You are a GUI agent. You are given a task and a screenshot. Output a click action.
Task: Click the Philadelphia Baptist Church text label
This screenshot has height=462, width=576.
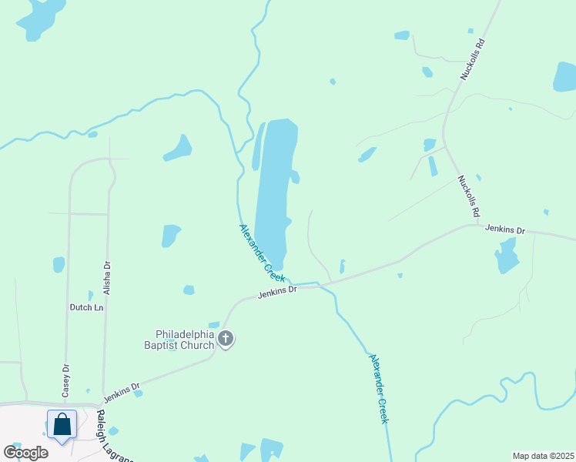coord(184,340)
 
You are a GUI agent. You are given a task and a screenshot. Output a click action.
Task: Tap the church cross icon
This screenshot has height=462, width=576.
coord(226,339)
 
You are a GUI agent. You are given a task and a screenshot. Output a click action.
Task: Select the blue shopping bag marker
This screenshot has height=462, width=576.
coord(62,424)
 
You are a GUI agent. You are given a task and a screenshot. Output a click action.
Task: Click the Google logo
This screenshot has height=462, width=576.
coord(25,452)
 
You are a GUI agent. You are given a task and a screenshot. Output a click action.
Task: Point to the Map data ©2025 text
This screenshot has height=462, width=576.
coord(544,456)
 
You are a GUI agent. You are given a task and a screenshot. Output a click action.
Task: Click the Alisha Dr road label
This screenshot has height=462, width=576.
coord(107,275)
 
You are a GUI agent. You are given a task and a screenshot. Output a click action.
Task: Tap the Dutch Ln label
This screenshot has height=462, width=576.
coord(87,307)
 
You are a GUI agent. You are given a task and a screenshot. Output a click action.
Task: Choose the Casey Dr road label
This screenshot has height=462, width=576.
coord(66,380)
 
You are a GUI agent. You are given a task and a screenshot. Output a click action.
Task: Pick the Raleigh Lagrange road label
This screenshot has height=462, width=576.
coord(113,436)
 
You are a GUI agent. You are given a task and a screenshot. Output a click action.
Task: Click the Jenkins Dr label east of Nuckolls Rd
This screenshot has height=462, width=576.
coord(504,229)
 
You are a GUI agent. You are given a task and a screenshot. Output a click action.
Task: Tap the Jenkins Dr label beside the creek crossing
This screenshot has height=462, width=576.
coord(277,291)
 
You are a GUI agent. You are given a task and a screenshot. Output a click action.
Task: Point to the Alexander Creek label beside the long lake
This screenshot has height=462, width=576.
coord(261,251)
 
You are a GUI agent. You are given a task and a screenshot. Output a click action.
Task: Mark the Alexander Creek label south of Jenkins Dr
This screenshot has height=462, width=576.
coord(377,389)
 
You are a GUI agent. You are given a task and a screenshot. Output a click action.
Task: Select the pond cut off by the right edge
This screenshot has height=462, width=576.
coord(565,76)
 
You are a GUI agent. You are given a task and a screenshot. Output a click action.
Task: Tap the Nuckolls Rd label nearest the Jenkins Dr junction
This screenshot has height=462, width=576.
coord(469,196)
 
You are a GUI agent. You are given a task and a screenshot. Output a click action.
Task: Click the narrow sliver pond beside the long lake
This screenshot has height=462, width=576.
coord(257,146)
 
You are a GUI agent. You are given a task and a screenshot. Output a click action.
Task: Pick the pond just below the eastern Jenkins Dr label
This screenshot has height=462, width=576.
coord(507,256)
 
